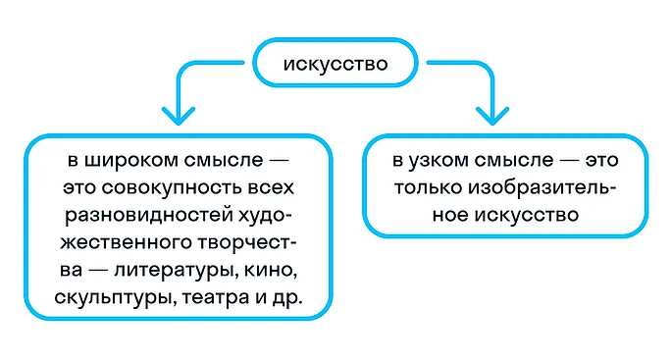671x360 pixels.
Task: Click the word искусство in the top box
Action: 335,66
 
